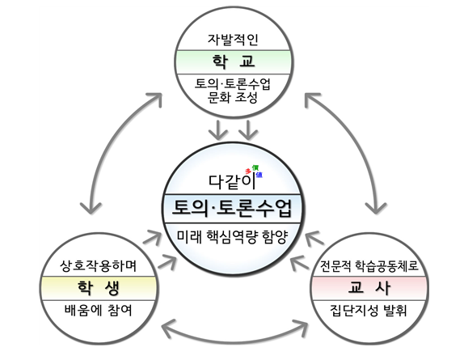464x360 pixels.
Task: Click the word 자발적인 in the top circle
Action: pyautogui.click(x=232, y=39)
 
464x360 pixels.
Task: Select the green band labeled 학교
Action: pyautogui.click(x=232, y=61)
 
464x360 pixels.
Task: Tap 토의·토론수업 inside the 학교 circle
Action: pyautogui.click(x=232, y=84)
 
